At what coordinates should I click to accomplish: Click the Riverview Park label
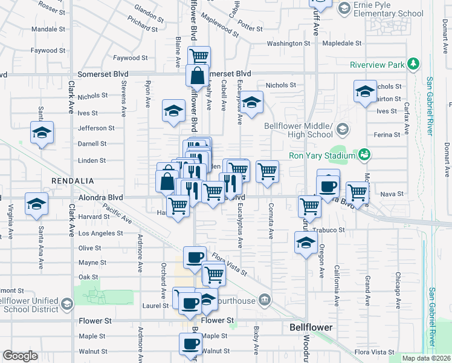point(376,65)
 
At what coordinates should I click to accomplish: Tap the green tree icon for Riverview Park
point(413,64)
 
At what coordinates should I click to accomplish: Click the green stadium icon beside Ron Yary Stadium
point(364,155)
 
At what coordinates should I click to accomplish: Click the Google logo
point(20,356)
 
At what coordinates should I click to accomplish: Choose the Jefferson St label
point(96,128)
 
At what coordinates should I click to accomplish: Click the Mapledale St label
point(341,44)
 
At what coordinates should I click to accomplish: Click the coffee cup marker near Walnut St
point(191,344)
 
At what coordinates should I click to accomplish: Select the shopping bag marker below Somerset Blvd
point(198,77)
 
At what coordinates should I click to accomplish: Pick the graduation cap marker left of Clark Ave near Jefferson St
point(42,132)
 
